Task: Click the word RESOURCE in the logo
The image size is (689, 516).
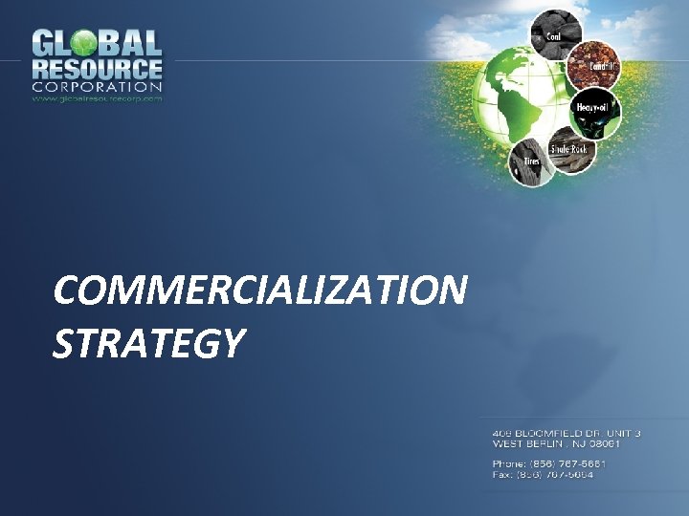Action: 97,69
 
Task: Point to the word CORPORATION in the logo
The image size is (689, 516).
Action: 97,87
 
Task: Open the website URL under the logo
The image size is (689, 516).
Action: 97,97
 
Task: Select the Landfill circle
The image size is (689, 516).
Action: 595,66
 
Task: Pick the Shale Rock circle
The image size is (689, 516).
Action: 572,150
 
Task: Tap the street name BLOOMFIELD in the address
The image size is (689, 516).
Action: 545,434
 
